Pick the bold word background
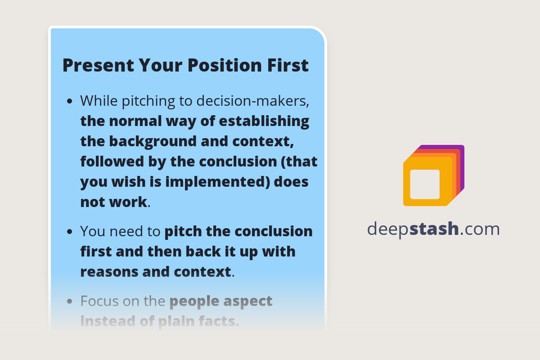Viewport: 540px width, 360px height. coord(161,141)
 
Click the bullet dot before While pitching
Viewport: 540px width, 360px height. coord(69,102)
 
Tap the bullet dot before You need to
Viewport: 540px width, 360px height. coord(69,232)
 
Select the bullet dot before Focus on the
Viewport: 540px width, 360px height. coord(69,301)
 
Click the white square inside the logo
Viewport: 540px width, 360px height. coord(425,184)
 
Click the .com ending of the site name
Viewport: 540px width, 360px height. coord(480,229)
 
